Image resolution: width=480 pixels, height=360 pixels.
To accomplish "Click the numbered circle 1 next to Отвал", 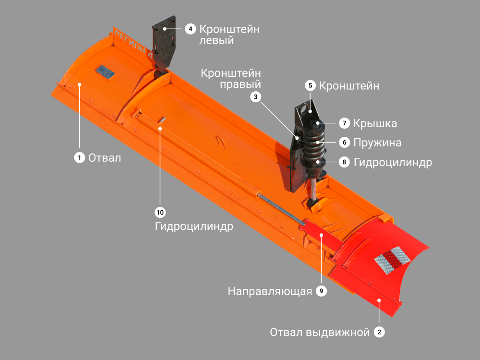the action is click(80, 157).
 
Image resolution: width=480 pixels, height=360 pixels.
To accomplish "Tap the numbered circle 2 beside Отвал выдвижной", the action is click(379, 332).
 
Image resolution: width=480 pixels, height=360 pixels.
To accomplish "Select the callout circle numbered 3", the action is click(256, 97).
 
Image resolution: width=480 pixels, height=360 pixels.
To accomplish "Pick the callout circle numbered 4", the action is click(191, 29).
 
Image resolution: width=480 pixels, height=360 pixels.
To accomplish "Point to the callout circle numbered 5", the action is click(310, 85).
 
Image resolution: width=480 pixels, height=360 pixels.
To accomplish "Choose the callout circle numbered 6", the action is click(344, 143).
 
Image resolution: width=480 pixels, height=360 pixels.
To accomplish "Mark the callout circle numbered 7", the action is click(344, 123).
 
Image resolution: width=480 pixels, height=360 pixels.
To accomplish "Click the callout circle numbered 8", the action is click(344, 162).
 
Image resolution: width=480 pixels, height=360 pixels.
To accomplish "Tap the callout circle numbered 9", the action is click(321, 291).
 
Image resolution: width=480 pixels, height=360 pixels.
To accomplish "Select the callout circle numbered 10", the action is click(160, 212).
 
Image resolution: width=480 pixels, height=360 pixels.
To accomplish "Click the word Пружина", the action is click(377, 143).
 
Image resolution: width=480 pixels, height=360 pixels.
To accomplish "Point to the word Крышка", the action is click(375, 123).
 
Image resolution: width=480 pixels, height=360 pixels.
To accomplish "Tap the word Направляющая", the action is click(270, 291).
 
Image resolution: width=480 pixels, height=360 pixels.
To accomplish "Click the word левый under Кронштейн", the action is click(217, 40).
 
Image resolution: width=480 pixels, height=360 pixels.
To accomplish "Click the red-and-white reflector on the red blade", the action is click(392, 260).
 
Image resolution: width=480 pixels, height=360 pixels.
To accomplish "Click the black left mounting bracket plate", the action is click(164, 44).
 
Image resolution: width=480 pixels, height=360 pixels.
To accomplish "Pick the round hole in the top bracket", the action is click(304, 109).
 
